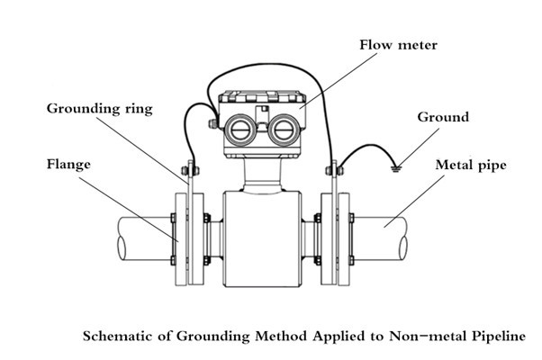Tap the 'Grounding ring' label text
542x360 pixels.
click(x=100, y=109)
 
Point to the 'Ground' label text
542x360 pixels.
click(x=442, y=117)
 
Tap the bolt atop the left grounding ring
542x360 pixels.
click(x=188, y=166)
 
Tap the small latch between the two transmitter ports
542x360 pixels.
click(x=262, y=114)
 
